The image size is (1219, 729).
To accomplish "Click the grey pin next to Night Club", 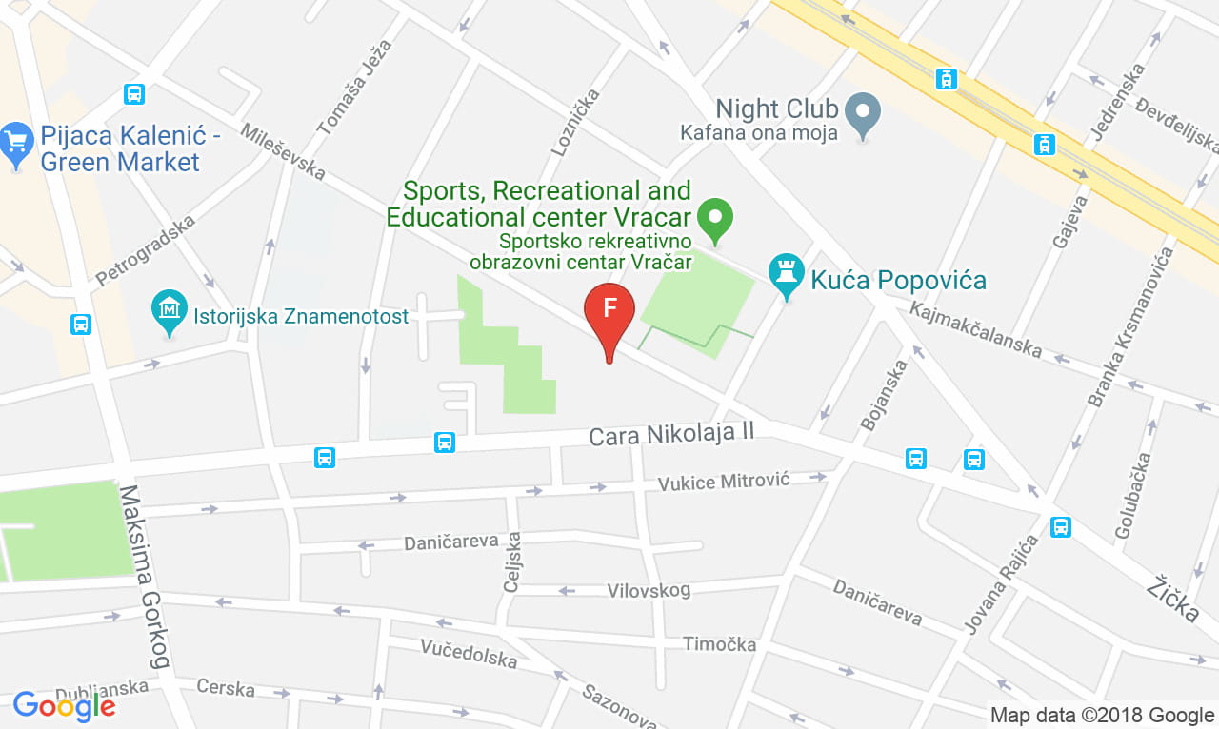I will coord(863,111).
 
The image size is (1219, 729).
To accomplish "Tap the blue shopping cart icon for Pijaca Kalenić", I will coord(15,143).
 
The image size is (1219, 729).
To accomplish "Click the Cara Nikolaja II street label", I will coord(671,435).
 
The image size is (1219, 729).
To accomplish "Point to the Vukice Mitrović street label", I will coord(725,483).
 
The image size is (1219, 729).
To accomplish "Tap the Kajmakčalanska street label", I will coord(976,329).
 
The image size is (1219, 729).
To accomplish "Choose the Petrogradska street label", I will coord(146,250).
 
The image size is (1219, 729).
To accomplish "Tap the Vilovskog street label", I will coord(649,591).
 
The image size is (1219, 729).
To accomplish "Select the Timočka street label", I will coord(719,644).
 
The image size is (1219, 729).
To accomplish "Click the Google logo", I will coord(64,706).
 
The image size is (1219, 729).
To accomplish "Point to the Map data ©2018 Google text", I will coord(1102,715).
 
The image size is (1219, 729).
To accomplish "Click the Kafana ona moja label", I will coord(759,133).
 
